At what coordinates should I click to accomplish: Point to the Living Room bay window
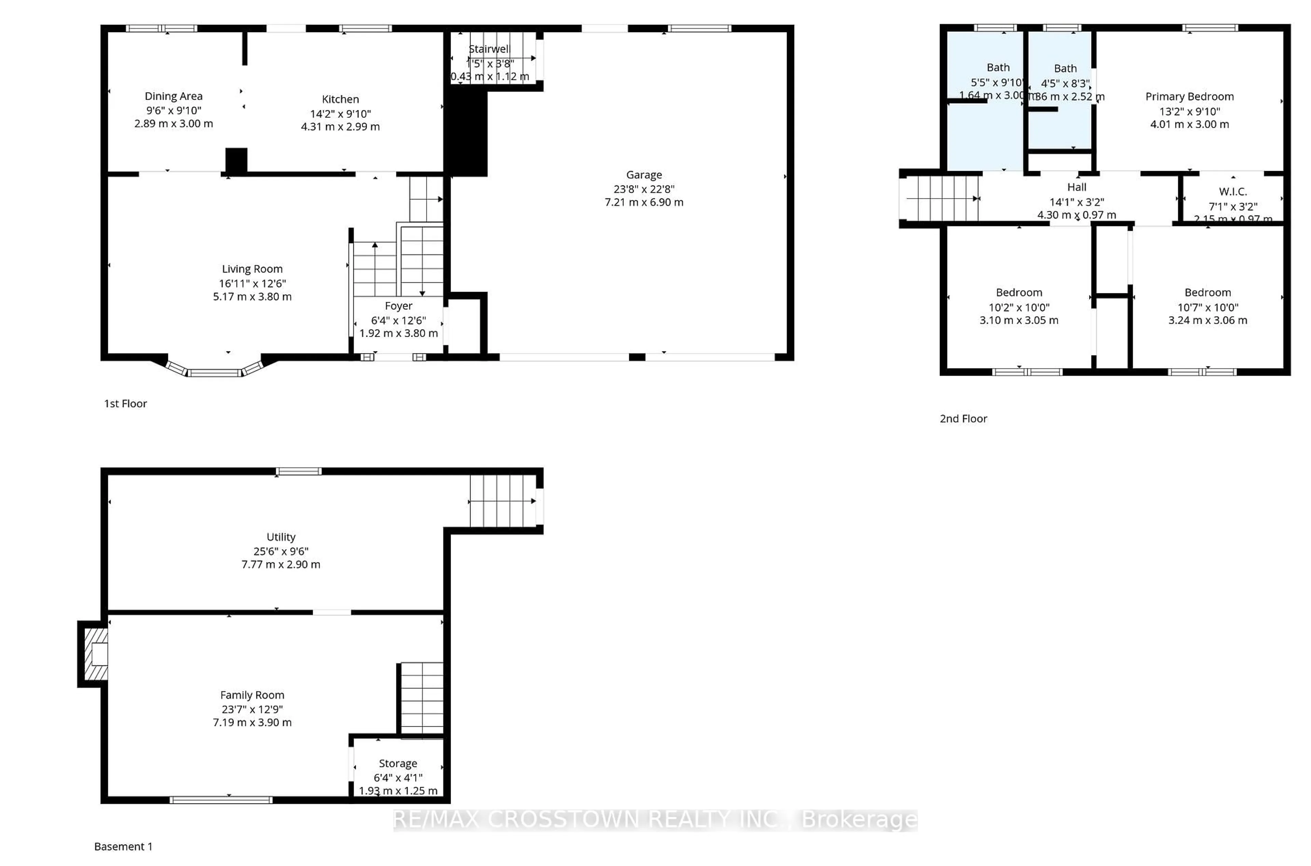[x=214, y=371]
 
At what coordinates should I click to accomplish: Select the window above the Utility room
[x=299, y=471]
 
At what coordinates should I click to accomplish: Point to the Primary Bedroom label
[x=1189, y=97]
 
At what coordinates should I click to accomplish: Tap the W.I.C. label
[x=1232, y=192]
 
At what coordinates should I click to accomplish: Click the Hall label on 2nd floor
[x=1076, y=187]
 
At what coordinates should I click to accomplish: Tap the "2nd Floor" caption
[x=963, y=419]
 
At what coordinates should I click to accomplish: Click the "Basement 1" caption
[x=123, y=846]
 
